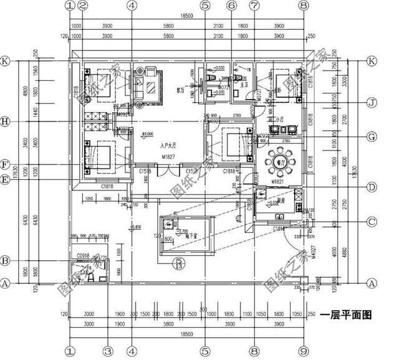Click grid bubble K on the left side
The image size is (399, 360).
tap(5, 61)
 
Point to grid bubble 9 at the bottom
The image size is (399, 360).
tap(304, 351)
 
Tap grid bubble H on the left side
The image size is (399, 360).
tap(5, 121)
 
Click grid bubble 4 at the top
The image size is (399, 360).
tap(131, 6)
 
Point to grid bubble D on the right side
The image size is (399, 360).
tap(372, 186)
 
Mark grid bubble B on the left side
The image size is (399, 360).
tap(5, 260)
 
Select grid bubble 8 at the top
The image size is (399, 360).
tap(304, 6)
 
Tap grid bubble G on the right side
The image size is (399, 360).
tap(372, 136)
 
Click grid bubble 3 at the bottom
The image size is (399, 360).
tap(107, 351)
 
